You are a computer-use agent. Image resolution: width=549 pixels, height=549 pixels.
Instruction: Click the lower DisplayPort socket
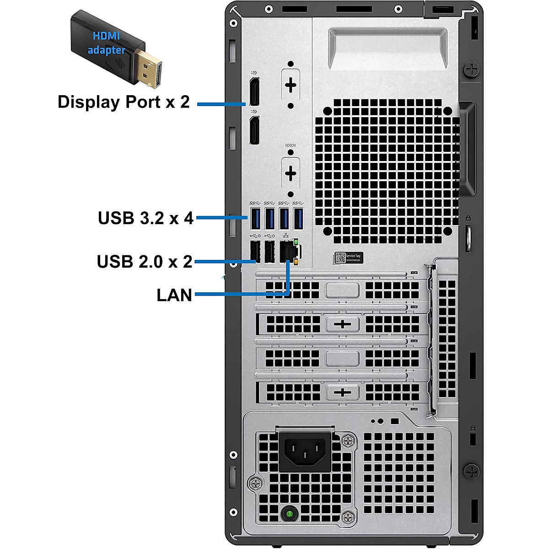point(254,130)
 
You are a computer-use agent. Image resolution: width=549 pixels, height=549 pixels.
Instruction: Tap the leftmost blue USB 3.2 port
point(255,218)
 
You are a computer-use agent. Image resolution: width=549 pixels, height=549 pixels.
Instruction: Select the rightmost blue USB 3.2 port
point(298,218)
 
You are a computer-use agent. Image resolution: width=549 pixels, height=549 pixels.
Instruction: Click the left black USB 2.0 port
point(255,252)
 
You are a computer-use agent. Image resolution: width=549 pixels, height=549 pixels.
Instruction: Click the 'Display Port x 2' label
point(124,102)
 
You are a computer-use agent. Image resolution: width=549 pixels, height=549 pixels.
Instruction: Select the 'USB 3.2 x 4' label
point(146,218)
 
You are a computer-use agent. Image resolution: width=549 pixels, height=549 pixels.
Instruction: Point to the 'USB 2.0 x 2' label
point(145,262)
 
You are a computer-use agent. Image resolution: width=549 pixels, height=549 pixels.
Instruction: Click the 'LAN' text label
point(174,295)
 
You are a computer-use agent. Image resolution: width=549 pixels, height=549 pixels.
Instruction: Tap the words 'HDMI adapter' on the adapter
point(106,43)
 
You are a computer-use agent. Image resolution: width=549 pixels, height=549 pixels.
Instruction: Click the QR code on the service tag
point(340,258)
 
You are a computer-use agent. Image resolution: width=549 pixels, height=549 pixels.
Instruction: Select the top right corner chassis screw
point(471,70)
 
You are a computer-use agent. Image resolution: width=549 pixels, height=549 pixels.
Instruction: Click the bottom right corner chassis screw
point(471,470)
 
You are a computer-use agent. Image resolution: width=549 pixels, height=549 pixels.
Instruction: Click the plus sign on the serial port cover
point(291,173)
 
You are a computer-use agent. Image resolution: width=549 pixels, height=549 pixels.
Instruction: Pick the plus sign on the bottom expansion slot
point(342,393)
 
